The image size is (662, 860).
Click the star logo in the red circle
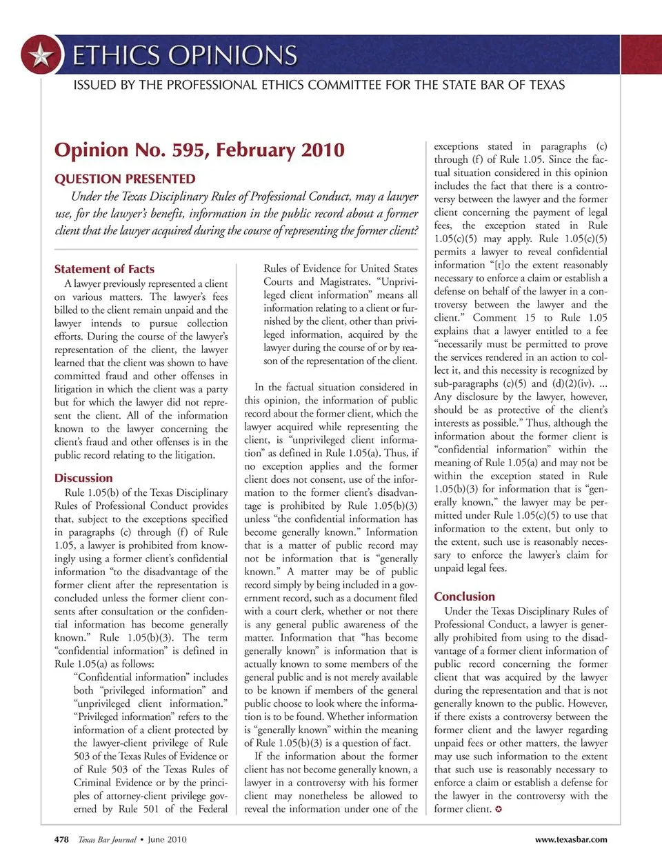(x=41, y=54)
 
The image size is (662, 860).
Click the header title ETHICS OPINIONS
(x=185, y=55)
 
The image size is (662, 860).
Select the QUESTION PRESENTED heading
(x=125, y=179)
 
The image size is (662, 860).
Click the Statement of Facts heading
(x=104, y=269)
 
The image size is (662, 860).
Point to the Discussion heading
(x=83, y=478)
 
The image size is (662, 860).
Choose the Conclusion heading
(x=464, y=597)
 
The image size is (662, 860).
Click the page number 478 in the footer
(x=61, y=839)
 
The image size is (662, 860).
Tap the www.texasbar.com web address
(x=571, y=839)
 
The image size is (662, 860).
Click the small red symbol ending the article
(x=499, y=809)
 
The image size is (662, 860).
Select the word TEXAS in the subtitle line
(x=539, y=85)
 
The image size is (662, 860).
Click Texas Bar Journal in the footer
(x=107, y=839)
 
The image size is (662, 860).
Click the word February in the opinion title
(x=254, y=150)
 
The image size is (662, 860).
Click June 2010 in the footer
(x=167, y=839)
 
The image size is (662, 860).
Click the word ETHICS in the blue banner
(x=115, y=55)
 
